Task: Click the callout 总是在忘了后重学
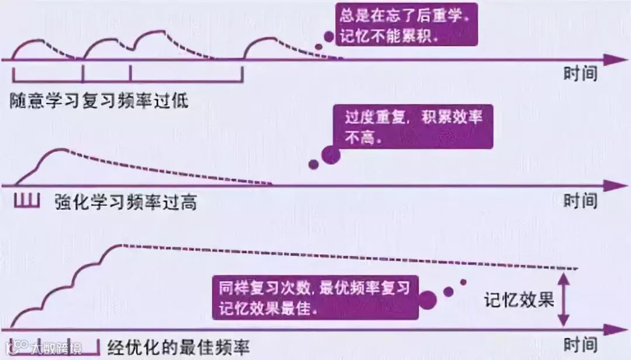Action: point(407,25)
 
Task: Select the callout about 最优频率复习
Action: point(315,297)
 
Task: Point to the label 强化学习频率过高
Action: point(125,202)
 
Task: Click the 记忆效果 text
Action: point(519,300)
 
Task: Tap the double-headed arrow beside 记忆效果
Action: point(563,300)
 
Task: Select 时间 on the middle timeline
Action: point(580,201)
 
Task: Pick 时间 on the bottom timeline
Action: point(580,345)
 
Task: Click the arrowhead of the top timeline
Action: point(613,60)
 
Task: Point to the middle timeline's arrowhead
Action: point(613,186)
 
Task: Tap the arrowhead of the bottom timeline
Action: point(613,329)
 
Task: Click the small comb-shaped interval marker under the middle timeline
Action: point(26,201)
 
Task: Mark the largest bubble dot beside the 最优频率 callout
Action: point(427,300)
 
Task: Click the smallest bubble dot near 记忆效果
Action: point(463,282)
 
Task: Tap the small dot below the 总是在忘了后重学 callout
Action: point(318,48)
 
